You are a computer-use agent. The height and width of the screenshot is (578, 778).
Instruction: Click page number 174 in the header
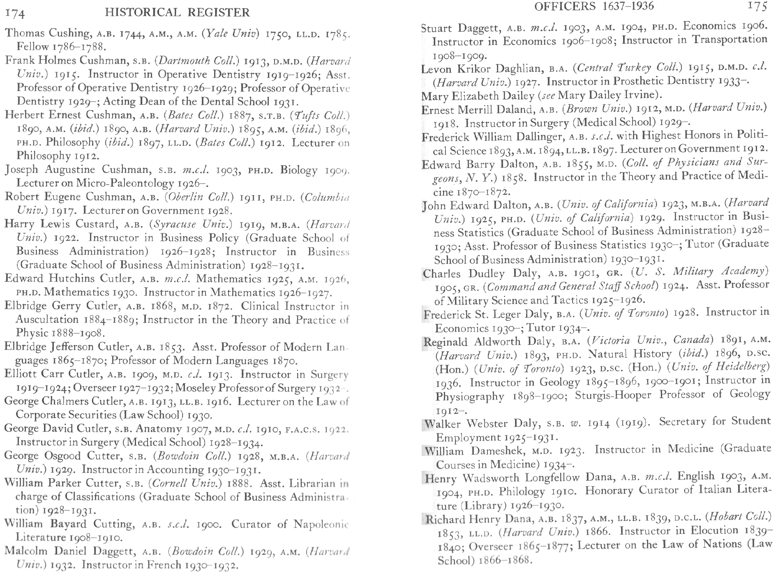pos(15,15)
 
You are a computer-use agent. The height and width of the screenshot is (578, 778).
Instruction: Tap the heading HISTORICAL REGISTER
pos(177,13)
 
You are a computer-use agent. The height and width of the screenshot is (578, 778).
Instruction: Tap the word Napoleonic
pos(321,524)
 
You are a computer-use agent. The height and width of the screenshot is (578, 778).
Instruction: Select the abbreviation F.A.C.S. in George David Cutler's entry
pos(299,429)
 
